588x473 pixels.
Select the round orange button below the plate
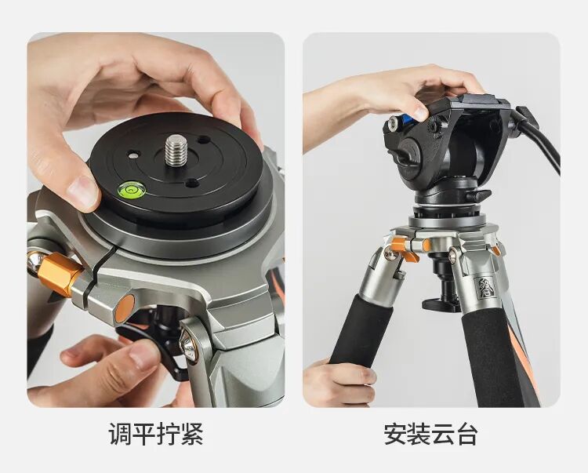click(x=125, y=308)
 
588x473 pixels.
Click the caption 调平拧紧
click(x=156, y=434)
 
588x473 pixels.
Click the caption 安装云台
click(x=431, y=434)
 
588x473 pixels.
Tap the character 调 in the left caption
click(x=120, y=434)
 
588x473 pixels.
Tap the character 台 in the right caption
click(x=467, y=434)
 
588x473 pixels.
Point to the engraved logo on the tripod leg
click(x=483, y=288)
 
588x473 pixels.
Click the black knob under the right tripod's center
click(x=441, y=304)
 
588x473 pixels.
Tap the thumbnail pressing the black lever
click(x=145, y=355)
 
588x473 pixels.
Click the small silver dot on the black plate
click(x=132, y=155)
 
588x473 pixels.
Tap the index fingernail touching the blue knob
click(x=421, y=112)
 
